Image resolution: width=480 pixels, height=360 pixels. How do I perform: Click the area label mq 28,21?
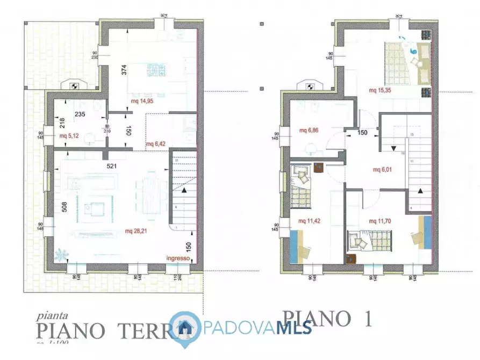point(137,231)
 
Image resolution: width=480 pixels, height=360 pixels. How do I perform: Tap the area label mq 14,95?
point(143,100)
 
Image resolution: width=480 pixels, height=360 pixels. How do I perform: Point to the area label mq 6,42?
point(157,144)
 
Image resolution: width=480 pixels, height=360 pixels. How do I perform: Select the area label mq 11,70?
point(381,221)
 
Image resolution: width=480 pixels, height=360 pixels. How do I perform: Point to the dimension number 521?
point(112,167)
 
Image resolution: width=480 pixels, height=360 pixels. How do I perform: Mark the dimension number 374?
point(124,70)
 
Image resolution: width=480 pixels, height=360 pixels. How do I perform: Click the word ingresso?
point(177,258)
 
